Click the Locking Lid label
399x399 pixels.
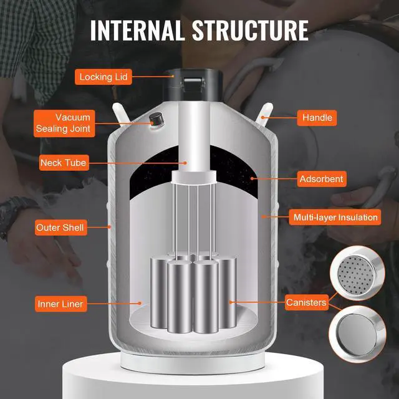point(103,77)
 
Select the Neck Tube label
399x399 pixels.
point(63,163)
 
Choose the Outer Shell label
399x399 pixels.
point(60,227)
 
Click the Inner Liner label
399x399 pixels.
point(60,304)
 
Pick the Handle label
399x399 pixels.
point(317,117)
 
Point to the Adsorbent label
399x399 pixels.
point(321,179)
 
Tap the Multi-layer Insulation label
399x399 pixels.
point(335,218)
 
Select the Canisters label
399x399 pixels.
point(306,303)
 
